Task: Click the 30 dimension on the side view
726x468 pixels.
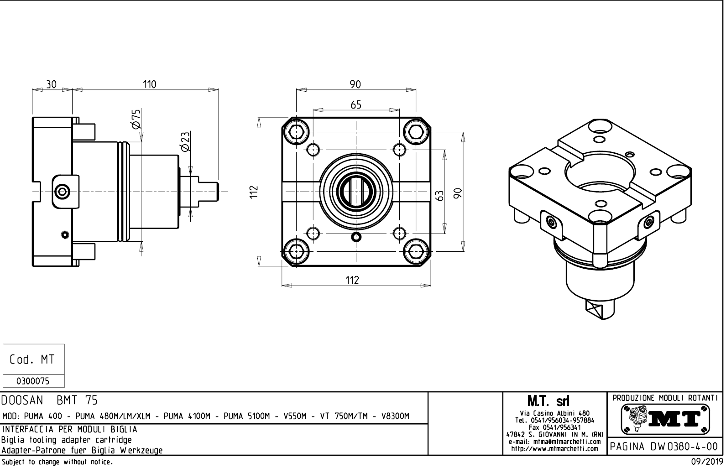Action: [x=52, y=84]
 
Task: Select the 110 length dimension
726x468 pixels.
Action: [x=149, y=84]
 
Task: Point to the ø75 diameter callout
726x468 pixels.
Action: [x=136, y=119]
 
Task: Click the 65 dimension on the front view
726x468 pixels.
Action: [x=356, y=104]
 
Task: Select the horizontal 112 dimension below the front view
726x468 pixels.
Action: [x=352, y=280]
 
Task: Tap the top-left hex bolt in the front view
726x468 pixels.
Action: [x=297, y=132]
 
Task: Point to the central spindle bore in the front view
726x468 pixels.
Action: [x=356, y=192]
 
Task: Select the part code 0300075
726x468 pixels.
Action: [x=33, y=381]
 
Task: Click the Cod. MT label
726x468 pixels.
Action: [x=33, y=359]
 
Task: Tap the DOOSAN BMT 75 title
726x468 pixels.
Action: [x=49, y=400]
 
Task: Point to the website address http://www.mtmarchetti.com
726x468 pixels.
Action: [x=554, y=448]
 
